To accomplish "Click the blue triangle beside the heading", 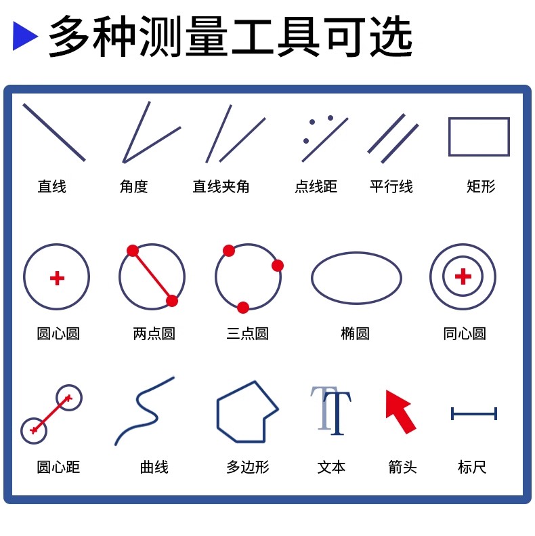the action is (x=24, y=36).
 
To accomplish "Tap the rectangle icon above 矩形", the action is (x=479, y=119).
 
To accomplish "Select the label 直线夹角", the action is (x=221, y=186).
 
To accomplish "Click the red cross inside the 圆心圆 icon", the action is (x=57, y=278).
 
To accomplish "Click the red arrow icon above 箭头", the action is (x=400, y=411).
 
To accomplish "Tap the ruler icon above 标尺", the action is (x=474, y=413).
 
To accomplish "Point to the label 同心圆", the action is (x=465, y=333).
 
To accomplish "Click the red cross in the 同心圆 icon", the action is (x=463, y=276).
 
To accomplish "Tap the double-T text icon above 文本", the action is (x=330, y=411).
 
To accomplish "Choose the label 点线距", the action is (x=316, y=186).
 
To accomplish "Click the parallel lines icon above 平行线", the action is (x=393, y=138).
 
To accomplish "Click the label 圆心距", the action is (x=58, y=467).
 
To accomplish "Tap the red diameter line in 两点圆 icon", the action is (x=152, y=276).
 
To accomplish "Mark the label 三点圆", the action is (x=247, y=333).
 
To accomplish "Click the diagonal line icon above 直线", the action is (x=54, y=132).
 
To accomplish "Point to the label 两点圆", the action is (x=154, y=333).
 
